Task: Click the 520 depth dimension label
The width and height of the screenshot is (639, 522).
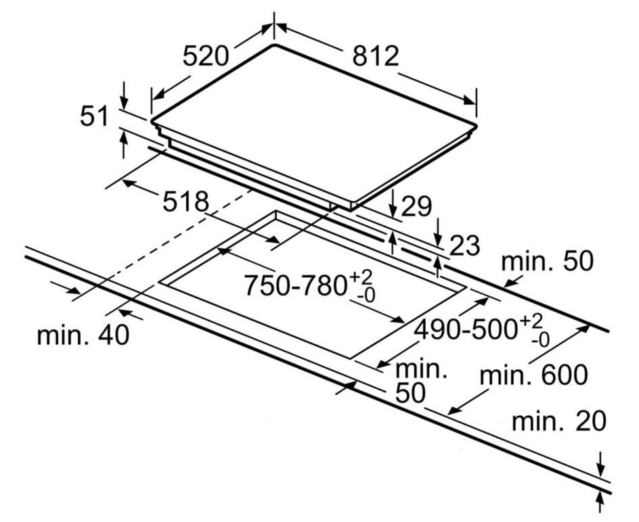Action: [206, 56]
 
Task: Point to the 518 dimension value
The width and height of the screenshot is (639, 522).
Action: [185, 201]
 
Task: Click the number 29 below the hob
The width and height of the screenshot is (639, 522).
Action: [416, 207]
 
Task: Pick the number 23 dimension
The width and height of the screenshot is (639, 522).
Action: [464, 245]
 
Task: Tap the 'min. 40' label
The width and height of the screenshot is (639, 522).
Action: [83, 335]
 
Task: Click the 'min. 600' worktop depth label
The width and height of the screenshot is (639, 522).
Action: [534, 374]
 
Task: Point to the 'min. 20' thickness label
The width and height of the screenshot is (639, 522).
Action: [558, 422]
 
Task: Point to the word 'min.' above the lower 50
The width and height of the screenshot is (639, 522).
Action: [421, 369]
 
